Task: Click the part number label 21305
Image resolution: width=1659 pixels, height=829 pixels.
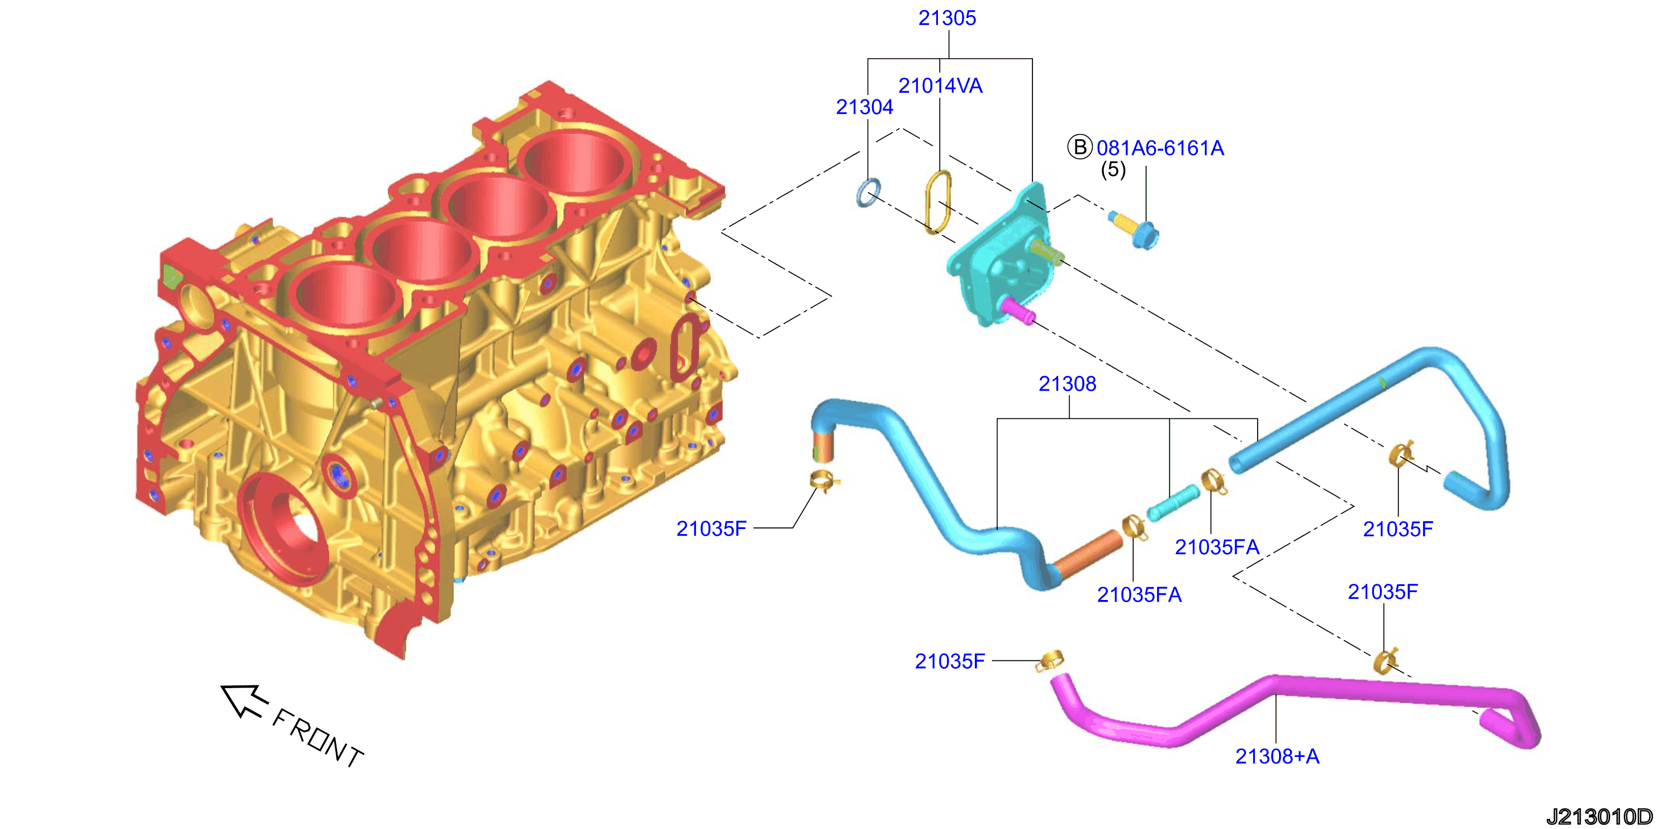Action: tap(947, 18)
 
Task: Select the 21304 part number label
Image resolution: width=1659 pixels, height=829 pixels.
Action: tap(864, 107)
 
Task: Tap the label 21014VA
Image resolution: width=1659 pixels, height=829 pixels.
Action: tap(940, 85)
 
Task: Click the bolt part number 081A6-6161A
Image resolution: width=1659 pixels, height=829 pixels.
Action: tap(1160, 148)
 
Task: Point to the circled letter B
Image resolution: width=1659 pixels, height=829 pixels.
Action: tap(1080, 147)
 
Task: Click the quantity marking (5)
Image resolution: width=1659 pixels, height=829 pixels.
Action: tap(1113, 169)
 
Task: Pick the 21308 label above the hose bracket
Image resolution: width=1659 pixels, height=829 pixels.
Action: tap(1067, 384)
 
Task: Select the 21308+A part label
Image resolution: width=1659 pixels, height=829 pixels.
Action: tap(1277, 756)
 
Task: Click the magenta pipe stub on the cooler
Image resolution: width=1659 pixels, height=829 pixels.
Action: tap(1018, 310)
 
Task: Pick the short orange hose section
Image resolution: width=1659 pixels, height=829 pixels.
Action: tap(1088, 554)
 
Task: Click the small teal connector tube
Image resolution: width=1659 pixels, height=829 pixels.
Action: tap(1173, 503)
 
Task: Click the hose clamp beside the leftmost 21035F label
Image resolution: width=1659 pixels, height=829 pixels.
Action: tap(824, 481)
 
